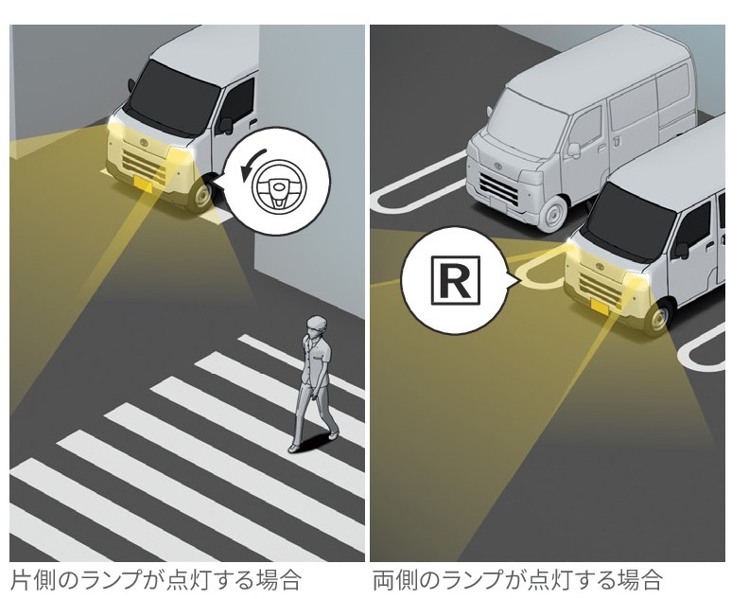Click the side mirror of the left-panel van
pos(226,124)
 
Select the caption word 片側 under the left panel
pos(29,579)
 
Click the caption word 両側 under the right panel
pos(393,579)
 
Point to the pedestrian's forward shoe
pos(295,445)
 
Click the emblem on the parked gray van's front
pos(493,160)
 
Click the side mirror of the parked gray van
pos(573,149)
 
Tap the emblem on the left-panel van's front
pos(147,138)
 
